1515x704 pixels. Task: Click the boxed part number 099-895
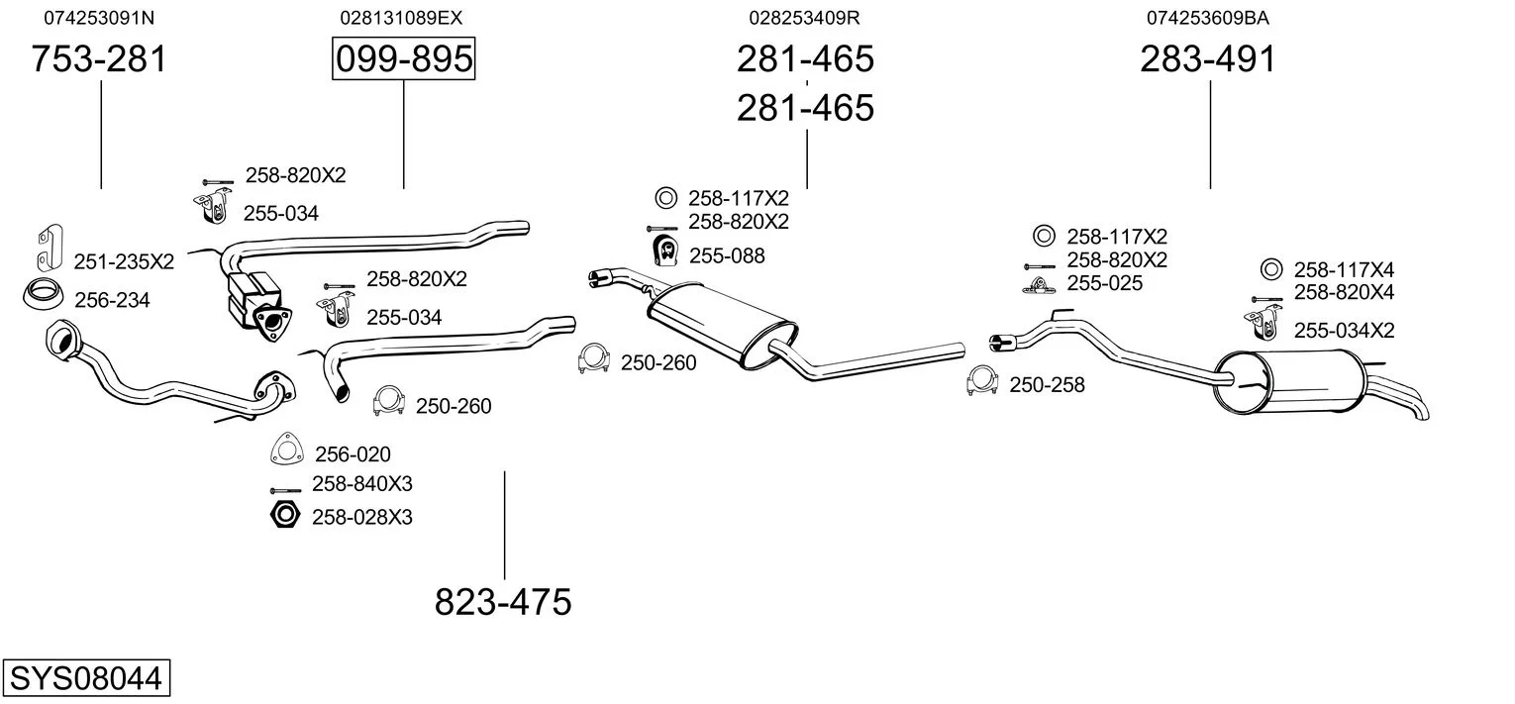pos(403,59)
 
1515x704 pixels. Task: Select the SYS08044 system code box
pos(85,679)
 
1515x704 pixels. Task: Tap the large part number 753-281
pos(99,59)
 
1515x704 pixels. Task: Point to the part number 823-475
pos(503,601)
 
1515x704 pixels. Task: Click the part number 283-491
pos(1208,59)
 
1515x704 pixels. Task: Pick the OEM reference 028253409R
pos(805,18)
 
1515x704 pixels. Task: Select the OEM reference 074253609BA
pos(1208,18)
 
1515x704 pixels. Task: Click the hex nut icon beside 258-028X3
pos(284,515)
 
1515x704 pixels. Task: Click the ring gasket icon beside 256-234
pos(41,295)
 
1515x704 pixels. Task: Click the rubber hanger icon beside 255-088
pos(664,251)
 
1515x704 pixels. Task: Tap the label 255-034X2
pos(1344,331)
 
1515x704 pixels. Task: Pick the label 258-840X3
pos(361,484)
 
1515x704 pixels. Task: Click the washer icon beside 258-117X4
pos(1271,269)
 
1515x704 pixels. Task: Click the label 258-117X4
pos(1344,269)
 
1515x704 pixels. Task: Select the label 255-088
pos(727,255)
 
